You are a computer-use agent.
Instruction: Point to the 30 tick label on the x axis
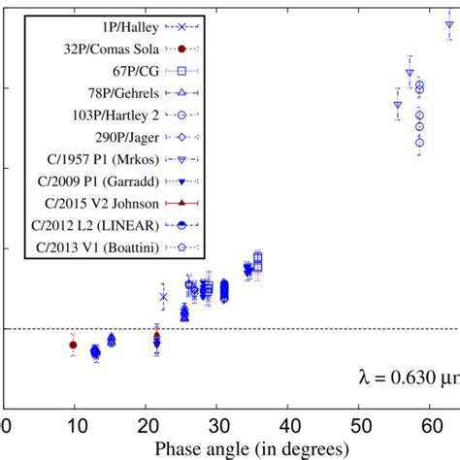tap(220, 425)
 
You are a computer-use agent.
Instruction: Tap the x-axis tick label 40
tap(291, 425)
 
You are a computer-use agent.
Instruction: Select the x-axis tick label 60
tap(433, 425)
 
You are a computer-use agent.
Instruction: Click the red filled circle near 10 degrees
tap(73, 345)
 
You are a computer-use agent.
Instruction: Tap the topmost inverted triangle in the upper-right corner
tap(449, 27)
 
